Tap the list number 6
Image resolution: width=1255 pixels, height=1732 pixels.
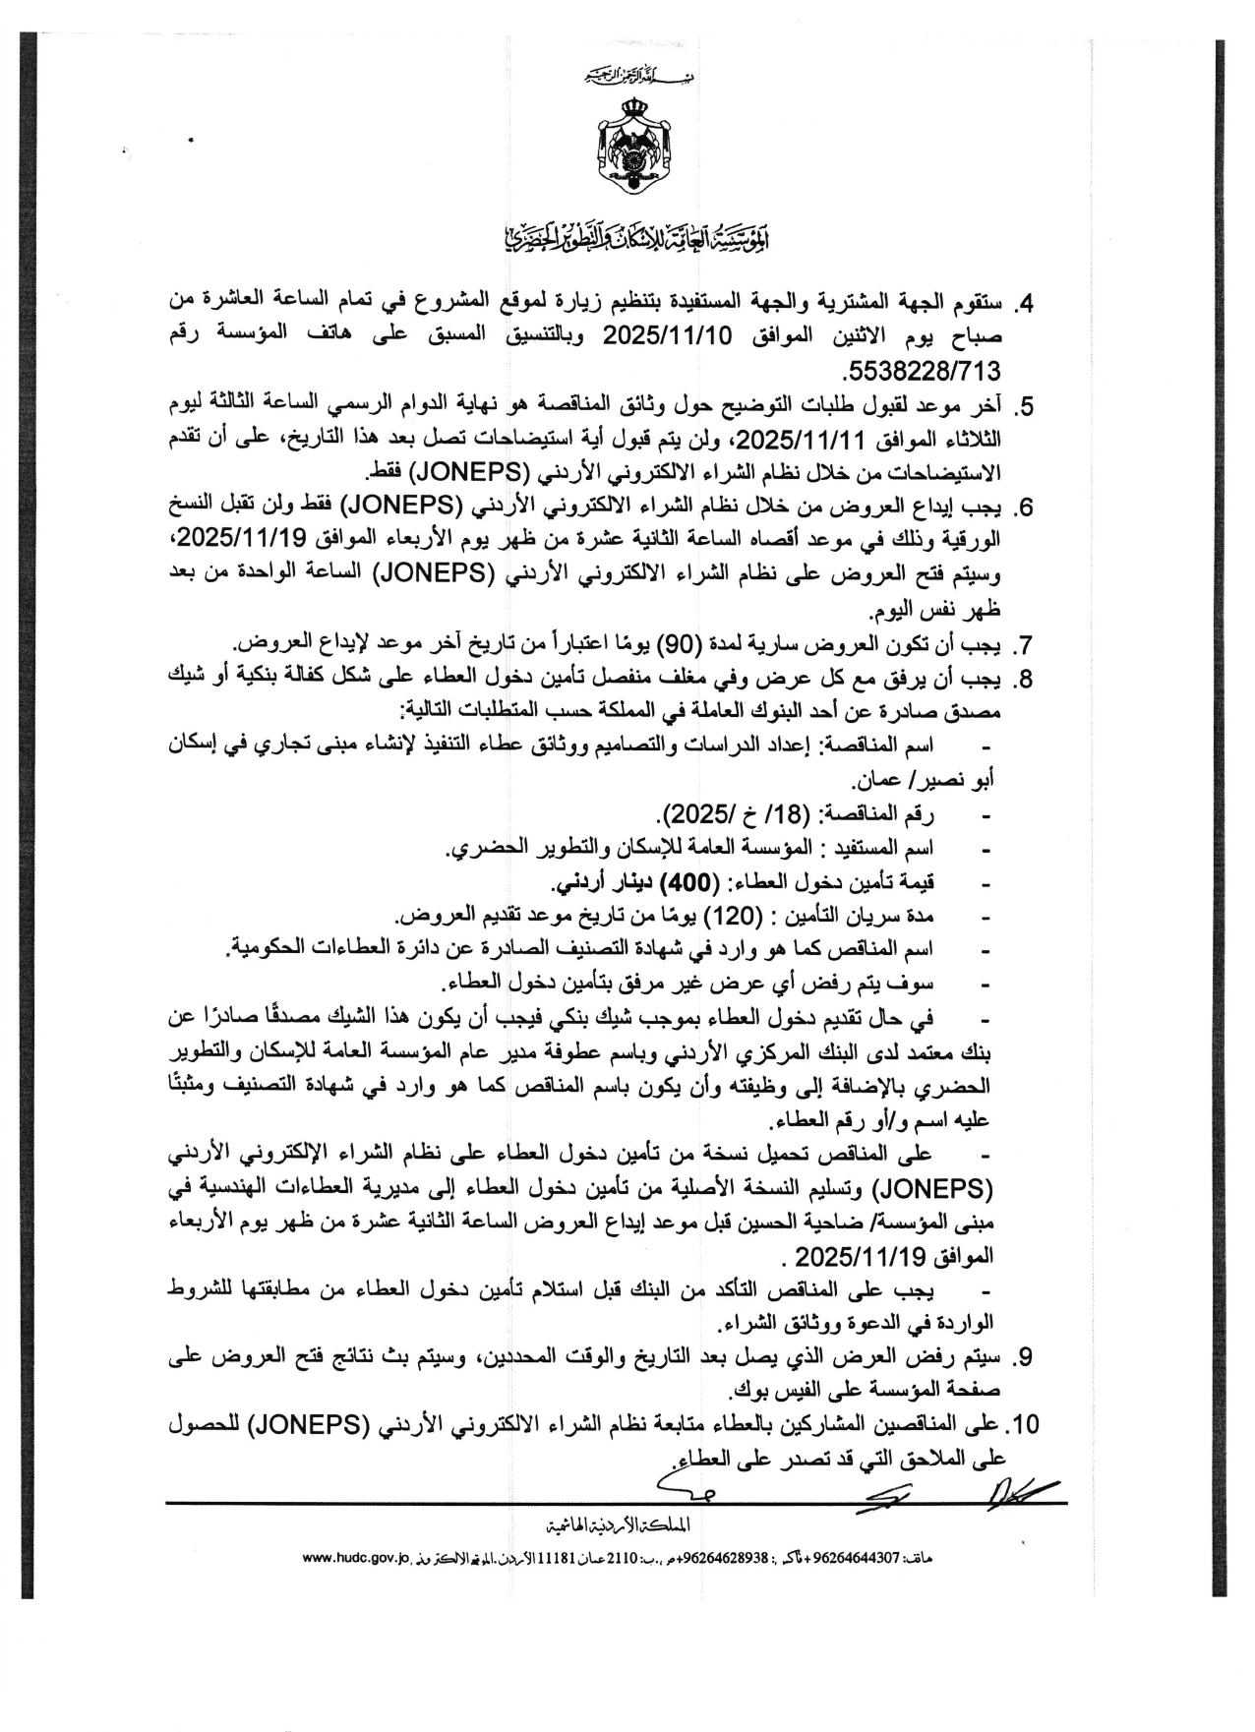(x=1025, y=508)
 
